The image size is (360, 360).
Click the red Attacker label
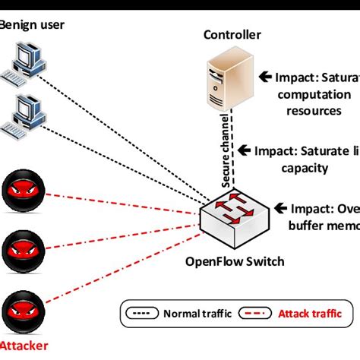click(x=24, y=346)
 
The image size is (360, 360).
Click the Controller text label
click(x=232, y=35)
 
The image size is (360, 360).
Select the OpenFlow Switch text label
click(x=235, y=262)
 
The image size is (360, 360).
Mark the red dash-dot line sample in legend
click(x=254, y=313)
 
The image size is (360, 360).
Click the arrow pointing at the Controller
click(x=265, y=77)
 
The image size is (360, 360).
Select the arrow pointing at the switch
click(x=278, y=207)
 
